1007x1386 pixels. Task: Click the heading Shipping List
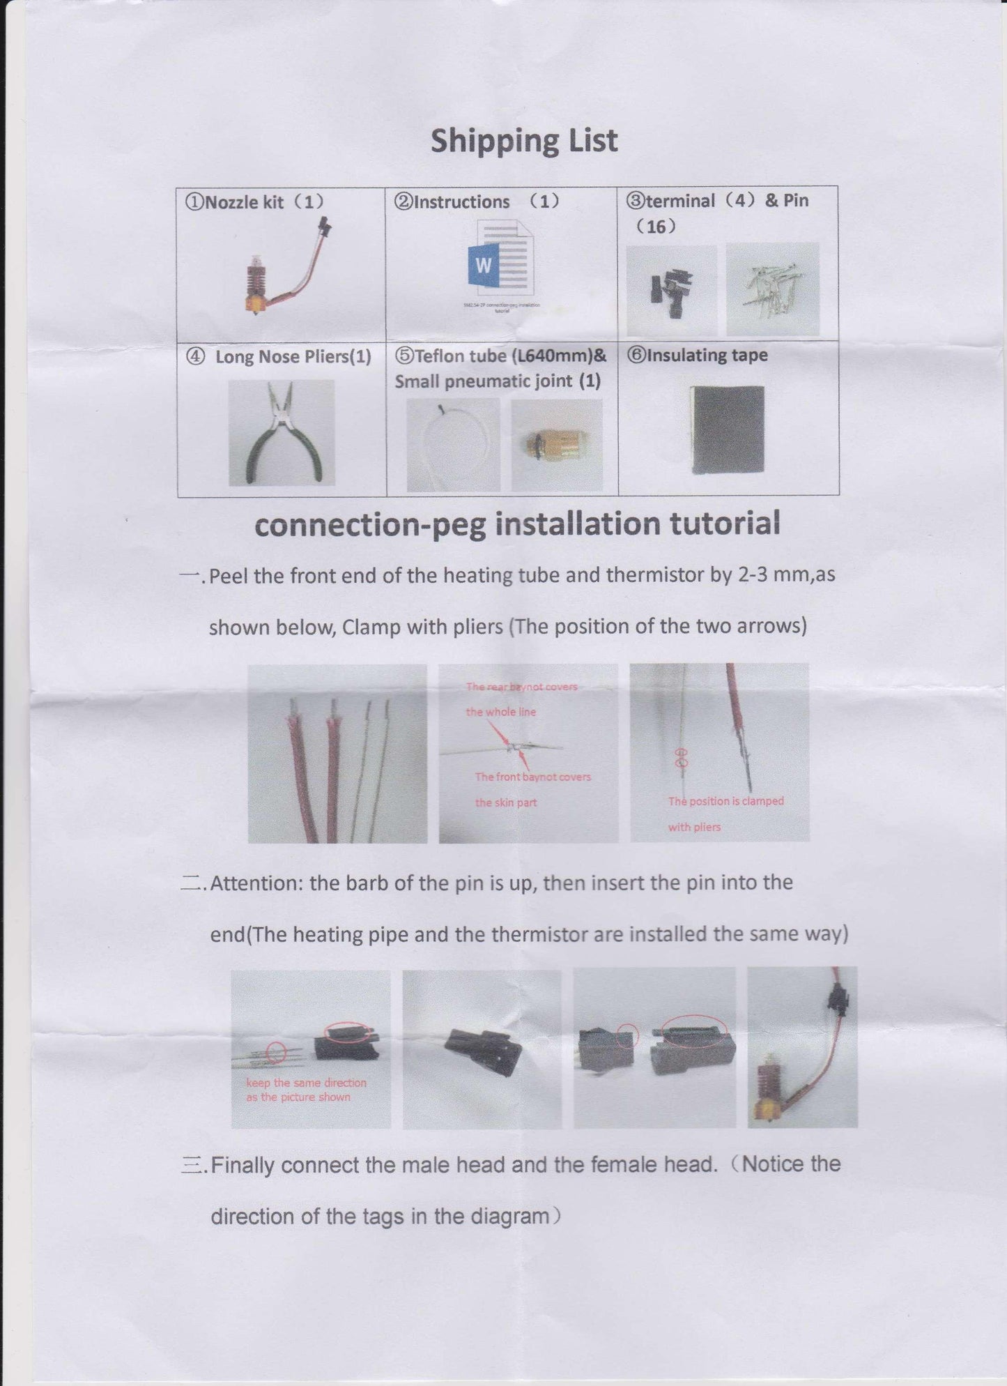(523, 141)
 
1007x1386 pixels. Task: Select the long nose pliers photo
(282, 433)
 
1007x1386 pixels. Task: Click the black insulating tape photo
(728, 429)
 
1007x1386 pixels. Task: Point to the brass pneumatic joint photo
(556, 445)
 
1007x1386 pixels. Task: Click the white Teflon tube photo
(453, 445)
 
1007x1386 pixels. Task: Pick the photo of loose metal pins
(772, 289)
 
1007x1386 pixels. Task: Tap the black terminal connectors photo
(671, 291)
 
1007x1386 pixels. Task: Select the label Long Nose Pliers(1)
(293, 357)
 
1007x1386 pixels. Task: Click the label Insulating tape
(707, 356)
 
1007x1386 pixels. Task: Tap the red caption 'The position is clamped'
(725, 801)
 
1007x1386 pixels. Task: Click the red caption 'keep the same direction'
(306, 1083)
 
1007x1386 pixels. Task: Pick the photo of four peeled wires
(337, 754)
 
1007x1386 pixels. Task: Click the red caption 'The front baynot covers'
(532, 777)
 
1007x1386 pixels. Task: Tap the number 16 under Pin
(656, 227)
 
